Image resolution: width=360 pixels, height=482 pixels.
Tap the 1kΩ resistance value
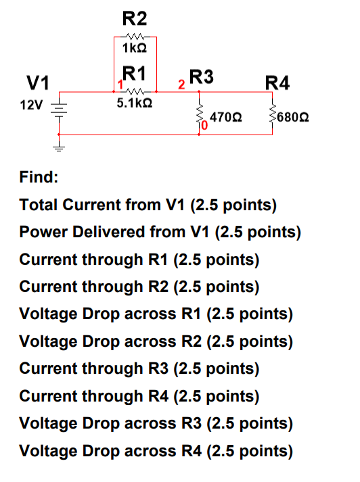point(135,50)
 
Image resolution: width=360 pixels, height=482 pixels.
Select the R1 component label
point(136,72)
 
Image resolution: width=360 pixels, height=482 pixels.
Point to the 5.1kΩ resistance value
point(135,104)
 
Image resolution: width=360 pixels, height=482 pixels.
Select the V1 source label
point(37,83)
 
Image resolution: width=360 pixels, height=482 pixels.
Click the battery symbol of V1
point(58,106)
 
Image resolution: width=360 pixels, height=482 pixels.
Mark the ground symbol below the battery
point(58,145)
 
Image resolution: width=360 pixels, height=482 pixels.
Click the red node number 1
point(119,85)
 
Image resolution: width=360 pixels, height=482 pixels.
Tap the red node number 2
point(181,85)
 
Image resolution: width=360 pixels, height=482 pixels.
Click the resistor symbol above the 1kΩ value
point(135,37)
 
